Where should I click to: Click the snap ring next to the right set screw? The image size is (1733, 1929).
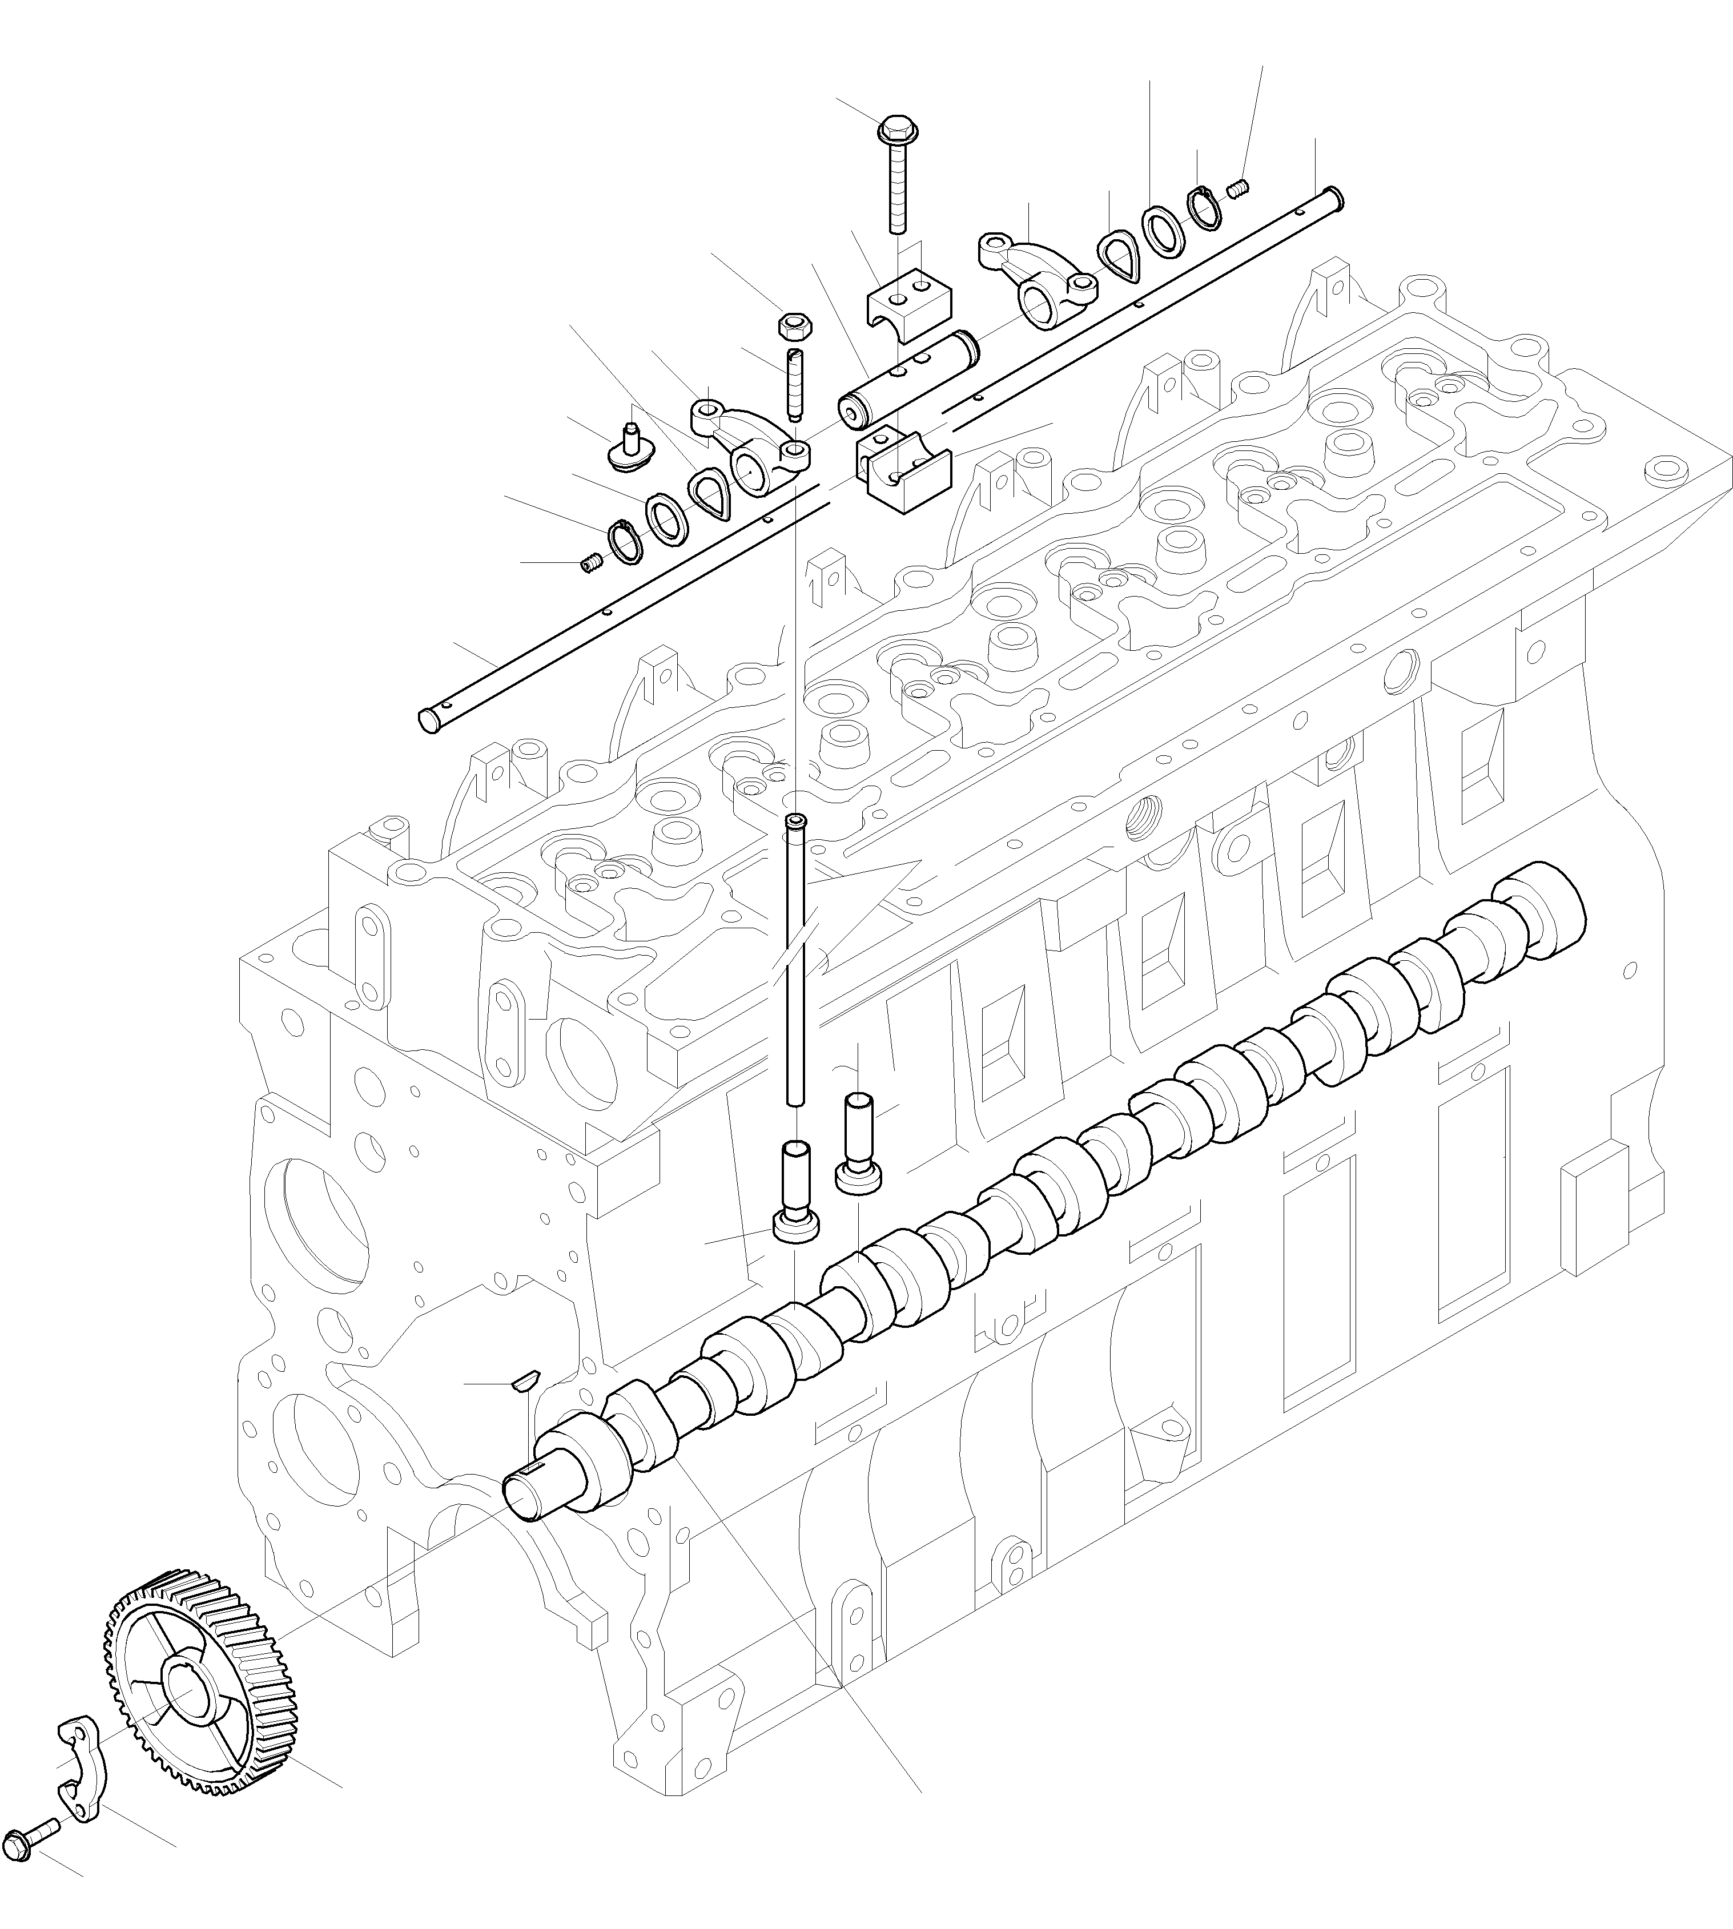[1204, 208]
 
